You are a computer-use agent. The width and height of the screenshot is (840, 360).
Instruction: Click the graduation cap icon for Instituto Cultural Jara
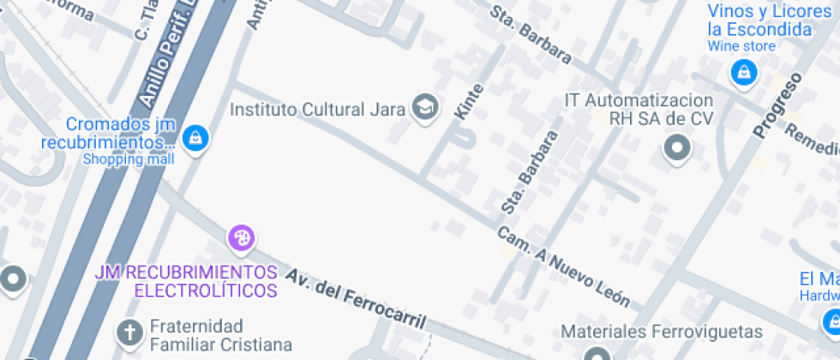pos(424,108)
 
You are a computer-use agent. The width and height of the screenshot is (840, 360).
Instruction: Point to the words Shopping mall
pos(129,159)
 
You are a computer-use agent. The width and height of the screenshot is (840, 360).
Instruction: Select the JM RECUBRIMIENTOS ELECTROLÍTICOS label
pos(187,281)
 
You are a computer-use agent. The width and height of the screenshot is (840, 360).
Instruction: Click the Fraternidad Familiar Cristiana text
pos(220,335)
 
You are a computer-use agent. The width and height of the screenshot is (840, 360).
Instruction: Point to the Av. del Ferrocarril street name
pos(357,299)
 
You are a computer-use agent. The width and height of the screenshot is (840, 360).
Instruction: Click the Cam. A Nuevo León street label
pos(564,267)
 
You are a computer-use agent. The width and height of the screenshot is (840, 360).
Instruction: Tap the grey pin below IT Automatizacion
pos(677,148)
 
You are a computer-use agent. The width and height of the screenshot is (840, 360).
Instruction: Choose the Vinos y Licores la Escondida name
pos(759,21)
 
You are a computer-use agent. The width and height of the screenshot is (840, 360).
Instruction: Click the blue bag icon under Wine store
pos(743,72)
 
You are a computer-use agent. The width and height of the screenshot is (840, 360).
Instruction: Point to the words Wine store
pos(742,46)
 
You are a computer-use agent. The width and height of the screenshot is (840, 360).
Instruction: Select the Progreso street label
pos(778,105)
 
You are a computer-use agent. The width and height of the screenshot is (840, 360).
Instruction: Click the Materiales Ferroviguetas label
pos(661,331)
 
